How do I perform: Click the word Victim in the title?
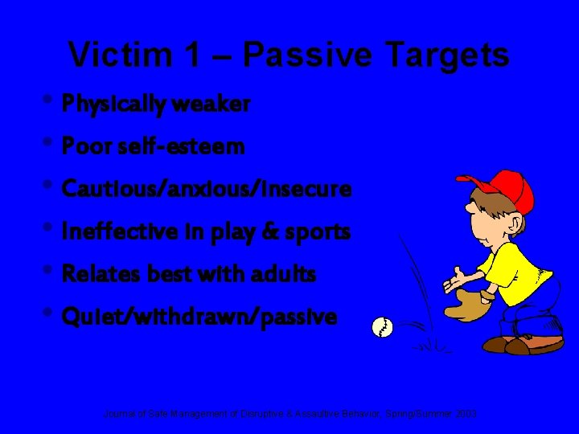click(117, 55)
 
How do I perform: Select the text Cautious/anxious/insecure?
click(207, 190)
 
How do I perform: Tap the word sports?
click(320, 232)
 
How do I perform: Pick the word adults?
click(286, 275)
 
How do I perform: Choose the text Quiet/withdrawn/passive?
click(199, 317)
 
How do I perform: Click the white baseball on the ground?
click(382, 328)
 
